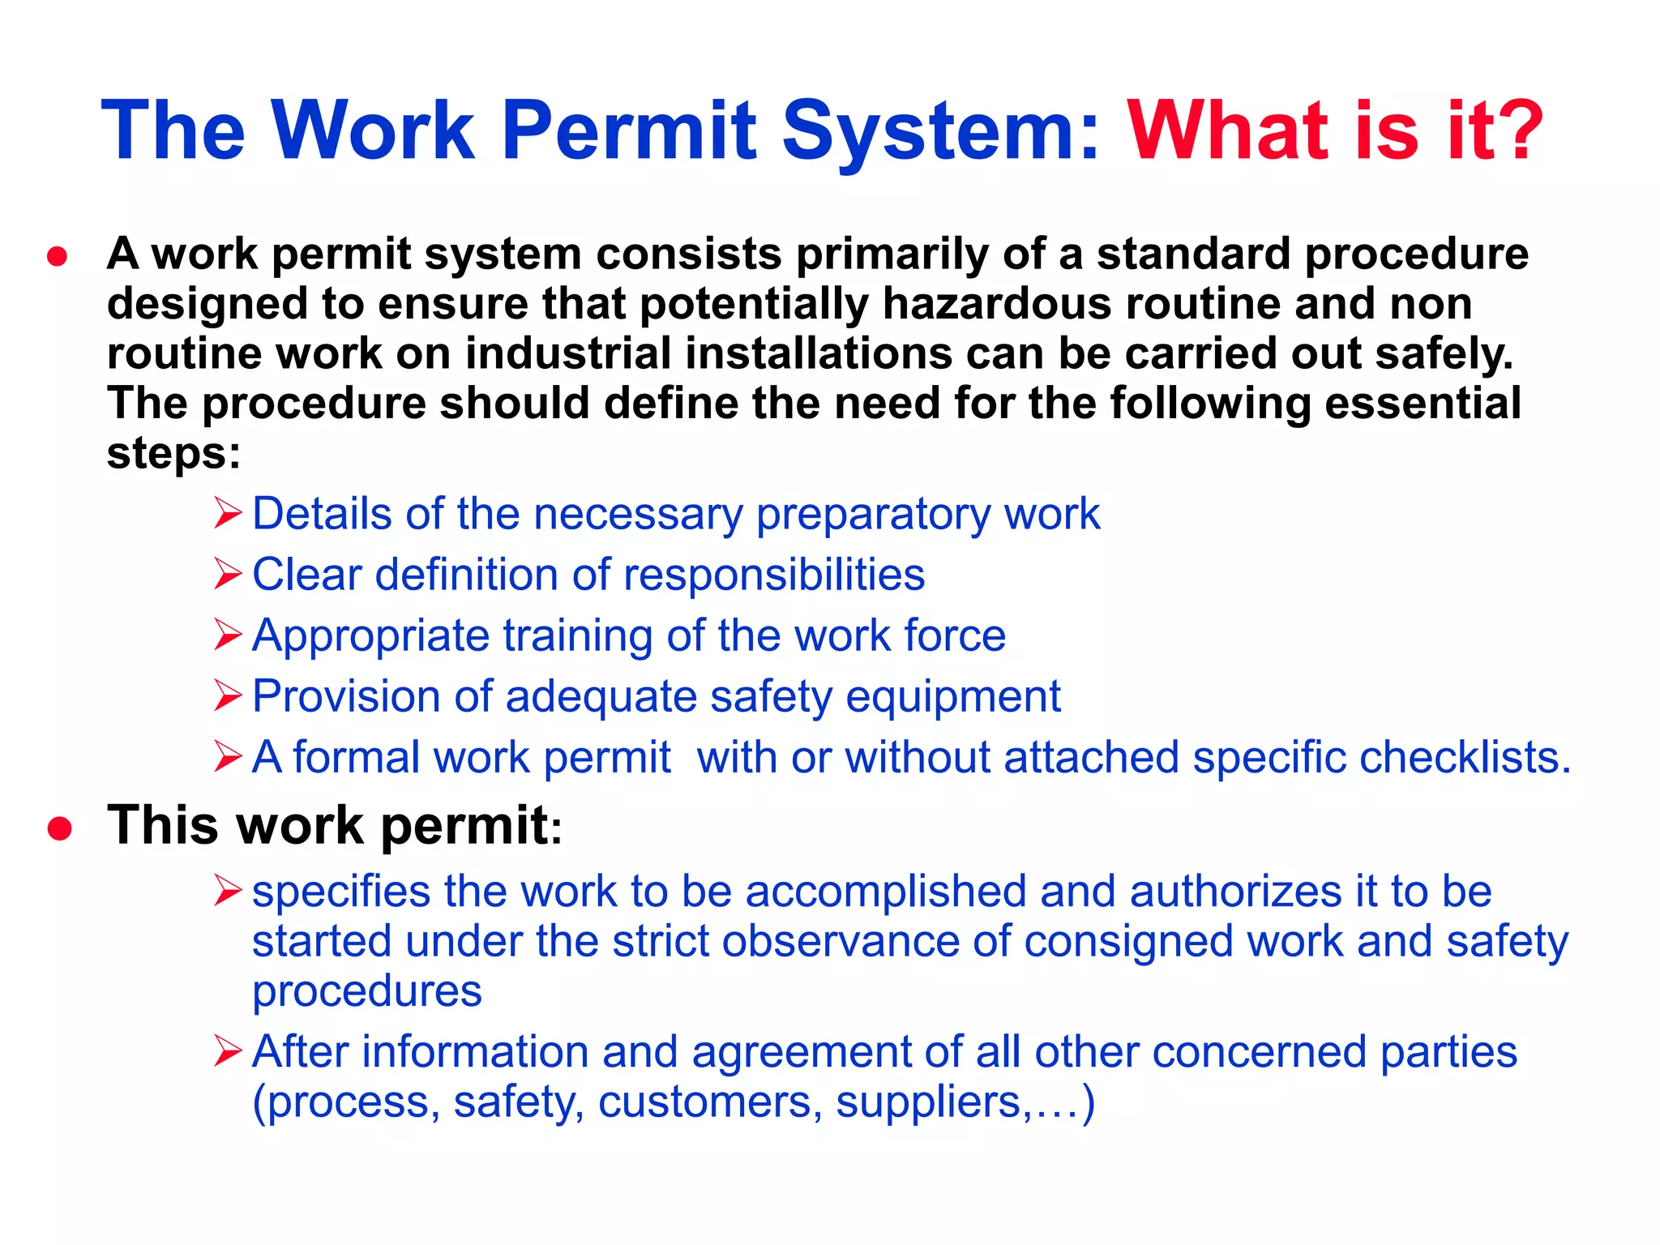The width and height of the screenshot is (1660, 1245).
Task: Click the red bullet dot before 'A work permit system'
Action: pyautogui.click(x=58, y=258)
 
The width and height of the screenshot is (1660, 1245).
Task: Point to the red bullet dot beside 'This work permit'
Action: pyautogui.click(x=60, y=828)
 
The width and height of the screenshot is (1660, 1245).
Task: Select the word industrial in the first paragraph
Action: pyautogui.click(x=568, y=354)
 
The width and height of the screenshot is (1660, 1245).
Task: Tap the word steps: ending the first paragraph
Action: pyautogui.click(x=173, y=454)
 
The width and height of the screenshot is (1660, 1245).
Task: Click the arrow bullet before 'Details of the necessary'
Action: pyautogui.click(x=228, y=514)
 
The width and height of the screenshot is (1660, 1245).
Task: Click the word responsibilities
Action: pyautogui.click(x=774, y=575)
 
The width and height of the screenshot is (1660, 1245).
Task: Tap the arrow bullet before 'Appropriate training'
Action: pyautogui.click(x=228, y=635)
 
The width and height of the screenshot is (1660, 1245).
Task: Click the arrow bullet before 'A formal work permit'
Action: pyautogui.click(x=228, y=757)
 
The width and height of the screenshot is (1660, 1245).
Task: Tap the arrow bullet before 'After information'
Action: pyautogui.click(x=228, y=1052)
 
